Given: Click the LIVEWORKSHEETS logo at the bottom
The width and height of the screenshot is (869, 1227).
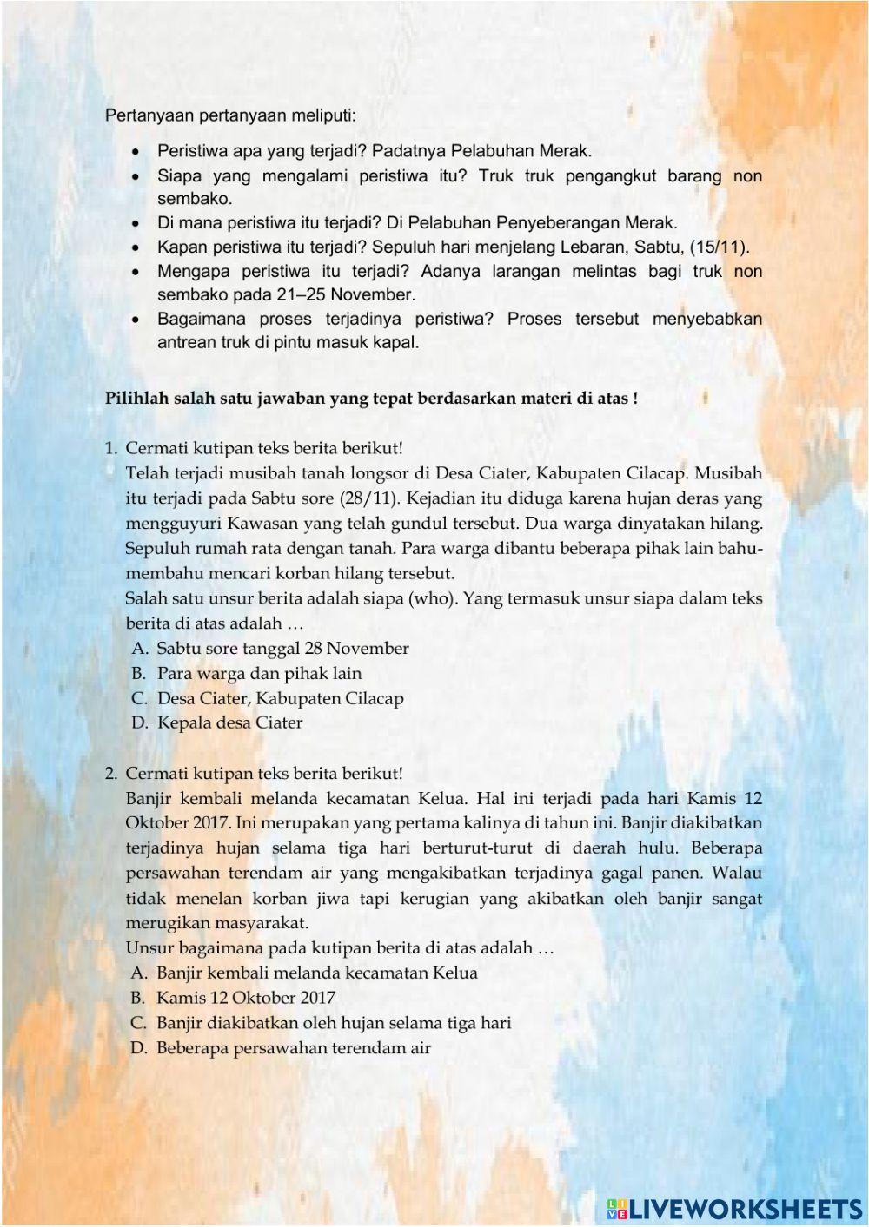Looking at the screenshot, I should coord(733,1208).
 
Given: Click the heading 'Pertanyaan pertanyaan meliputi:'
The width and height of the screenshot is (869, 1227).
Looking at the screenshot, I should coord(230,115).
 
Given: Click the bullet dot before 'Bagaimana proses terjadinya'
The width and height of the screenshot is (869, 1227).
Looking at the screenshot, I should coord(136,320).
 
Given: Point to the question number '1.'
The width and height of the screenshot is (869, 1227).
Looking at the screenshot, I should coord(111,449).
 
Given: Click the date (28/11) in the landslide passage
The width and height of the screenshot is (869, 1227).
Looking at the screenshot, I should coord(369,498).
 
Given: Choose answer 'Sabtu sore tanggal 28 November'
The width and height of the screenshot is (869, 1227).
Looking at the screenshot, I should coord(282,649).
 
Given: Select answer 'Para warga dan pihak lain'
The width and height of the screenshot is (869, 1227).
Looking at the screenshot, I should coord(259,674).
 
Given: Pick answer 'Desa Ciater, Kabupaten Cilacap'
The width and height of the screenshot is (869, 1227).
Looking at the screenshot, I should coord(280,698).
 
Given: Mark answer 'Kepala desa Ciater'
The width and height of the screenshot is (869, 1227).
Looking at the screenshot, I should coord(229,723).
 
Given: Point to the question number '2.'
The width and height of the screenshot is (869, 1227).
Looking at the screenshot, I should coord(111,774).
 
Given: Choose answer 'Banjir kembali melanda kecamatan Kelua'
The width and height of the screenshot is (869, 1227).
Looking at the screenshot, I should coord(316,973).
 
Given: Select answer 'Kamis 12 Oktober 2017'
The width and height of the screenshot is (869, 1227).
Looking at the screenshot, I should coord(245,999).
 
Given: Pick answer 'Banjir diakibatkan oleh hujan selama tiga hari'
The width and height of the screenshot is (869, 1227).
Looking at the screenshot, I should coord(334,1023).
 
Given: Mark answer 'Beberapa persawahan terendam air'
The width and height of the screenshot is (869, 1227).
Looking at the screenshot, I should coord(294,1048).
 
